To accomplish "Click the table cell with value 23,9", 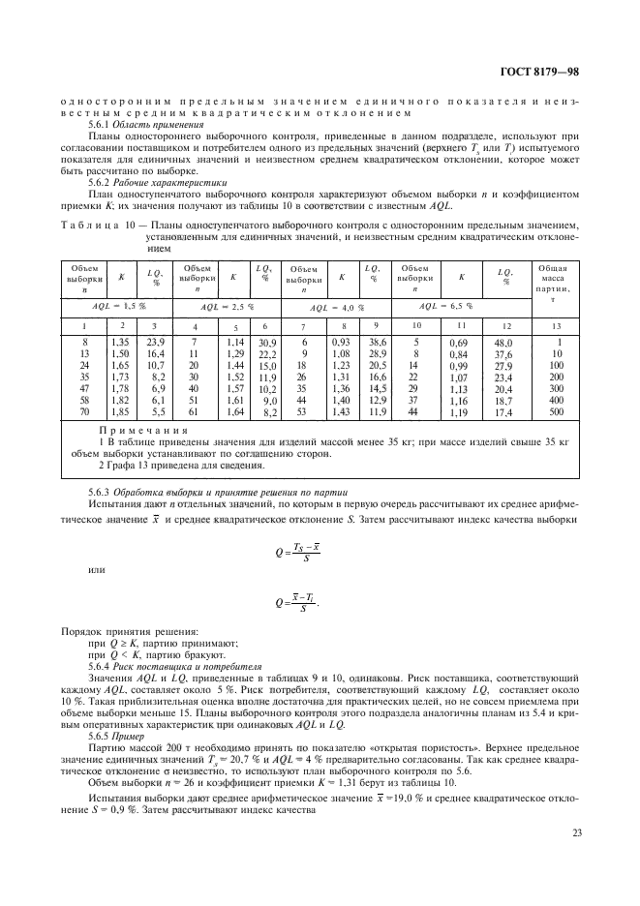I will point(156,343).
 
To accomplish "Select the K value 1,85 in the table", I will point(121,412).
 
